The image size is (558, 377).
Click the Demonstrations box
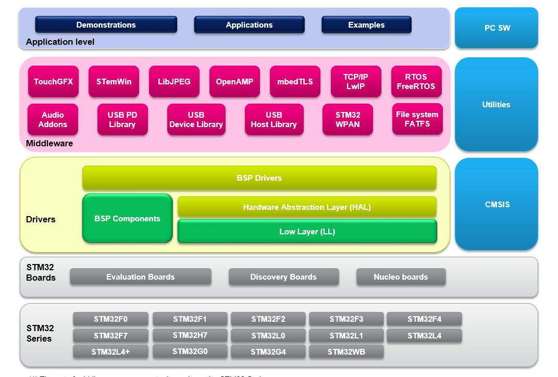pyautogui.click(x=106, y=25)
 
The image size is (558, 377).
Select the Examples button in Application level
pyautogui.click(x=366, y=25)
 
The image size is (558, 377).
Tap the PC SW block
pyautogui.click(x=497, y=28)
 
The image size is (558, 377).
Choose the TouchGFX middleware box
pyautogui.click(x=54, y=82)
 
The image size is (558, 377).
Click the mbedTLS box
pyautogui.click(x=295, y=82)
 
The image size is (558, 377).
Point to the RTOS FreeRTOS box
pyautogui.click(x=416, y=82)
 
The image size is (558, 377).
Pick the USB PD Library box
pyautogui.click(x=122, y=120)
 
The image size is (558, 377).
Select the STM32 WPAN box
pyautogui.click(x=348, y=120)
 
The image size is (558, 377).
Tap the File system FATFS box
pyautogui.click(x=417, y=119)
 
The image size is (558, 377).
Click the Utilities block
pyautogui.click(x=496, y=105)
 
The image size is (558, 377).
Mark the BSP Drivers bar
pyautogui.click(x=259, y=178)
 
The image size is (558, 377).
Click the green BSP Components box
pyautogui.click(x=127, y=219)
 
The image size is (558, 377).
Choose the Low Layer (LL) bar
pyautogui.click(x=307, y=232)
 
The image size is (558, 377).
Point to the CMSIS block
pyautogui.click(x=496, y=205)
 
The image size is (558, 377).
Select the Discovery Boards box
pyautogui.click(x=283, y=277)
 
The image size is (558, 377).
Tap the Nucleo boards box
pyautogui.click(x=401, y=277)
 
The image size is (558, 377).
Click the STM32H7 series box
pyautogui.click(x=190, y=335)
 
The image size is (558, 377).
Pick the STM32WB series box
pyautogui.click(x=346, y=352)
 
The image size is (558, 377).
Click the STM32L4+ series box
pyautogui.click(x=110, y=352)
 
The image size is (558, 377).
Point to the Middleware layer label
pyautogui.click(x=49, y=143)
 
